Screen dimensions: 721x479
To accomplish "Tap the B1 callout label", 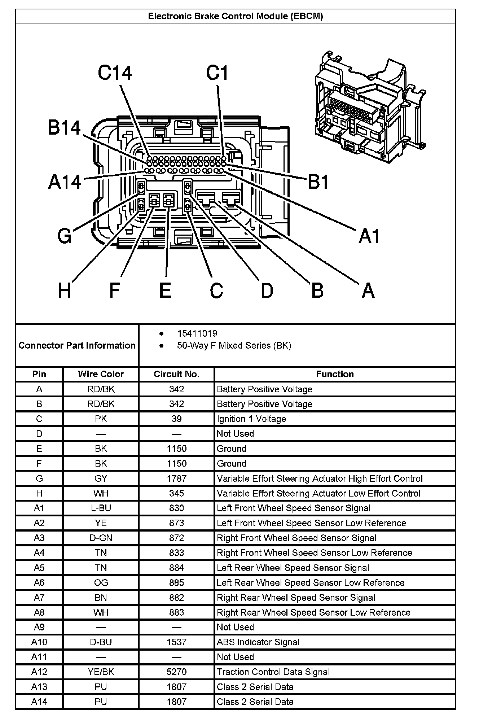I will [318, 182].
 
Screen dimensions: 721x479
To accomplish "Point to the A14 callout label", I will [65, 182].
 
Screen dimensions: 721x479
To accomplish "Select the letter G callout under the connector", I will [65, 236].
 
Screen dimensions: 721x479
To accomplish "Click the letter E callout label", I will [165, 290].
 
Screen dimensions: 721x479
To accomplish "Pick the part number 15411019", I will [197, 333].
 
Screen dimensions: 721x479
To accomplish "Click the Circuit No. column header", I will [176, 374].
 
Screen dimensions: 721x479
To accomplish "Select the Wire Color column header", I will [101, 374].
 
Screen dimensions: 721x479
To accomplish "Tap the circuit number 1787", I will [176, 479].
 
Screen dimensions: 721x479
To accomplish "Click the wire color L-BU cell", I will [101, 508].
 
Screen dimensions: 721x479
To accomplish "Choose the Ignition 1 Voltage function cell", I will [251, 419].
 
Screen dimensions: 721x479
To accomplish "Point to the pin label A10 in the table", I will [39, 642].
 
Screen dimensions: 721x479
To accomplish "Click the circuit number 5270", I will [176, 672].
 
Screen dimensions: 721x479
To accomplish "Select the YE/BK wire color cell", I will [101, 672].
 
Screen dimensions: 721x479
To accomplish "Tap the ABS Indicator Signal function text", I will [258, 642].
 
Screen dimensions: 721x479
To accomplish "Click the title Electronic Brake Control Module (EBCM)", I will [236, 16].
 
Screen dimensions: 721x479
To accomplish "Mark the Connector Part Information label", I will [77, 345].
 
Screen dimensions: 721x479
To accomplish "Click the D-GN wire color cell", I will [101, 538].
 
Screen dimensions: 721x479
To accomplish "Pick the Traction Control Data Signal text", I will [273, 672].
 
